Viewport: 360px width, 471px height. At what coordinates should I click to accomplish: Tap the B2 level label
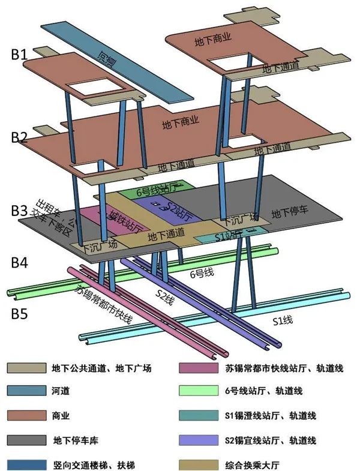tap(20, 137)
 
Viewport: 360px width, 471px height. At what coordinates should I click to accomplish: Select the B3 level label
tap(20, 211)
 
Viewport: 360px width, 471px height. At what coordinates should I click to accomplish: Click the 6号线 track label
tap(202, 274)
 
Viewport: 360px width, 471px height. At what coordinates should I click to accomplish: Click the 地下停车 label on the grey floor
tap(290, 212)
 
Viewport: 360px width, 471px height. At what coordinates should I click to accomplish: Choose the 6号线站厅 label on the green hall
tap(157, 190)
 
